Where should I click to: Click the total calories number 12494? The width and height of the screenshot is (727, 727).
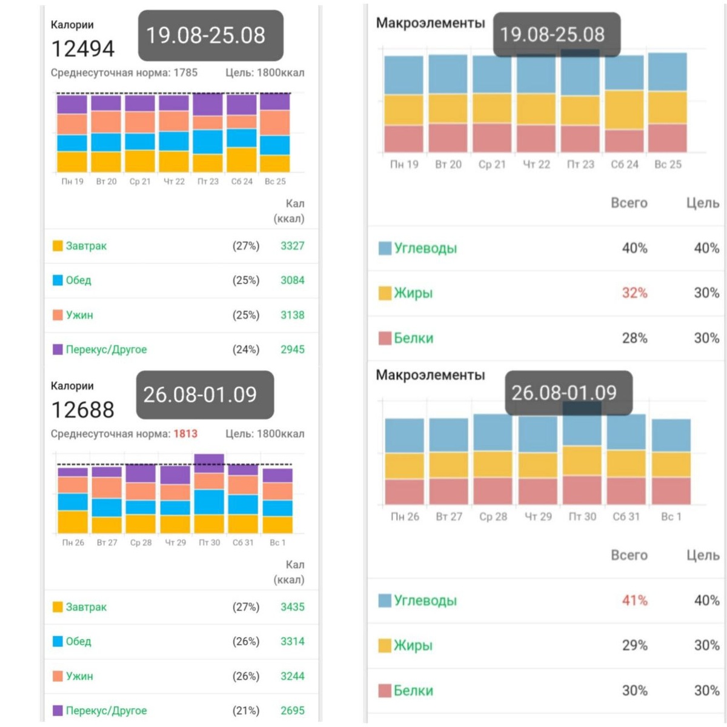[x=82, y=49]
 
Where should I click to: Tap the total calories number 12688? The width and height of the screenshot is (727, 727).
[x=82, y=410]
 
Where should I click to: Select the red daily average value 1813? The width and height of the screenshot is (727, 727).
[x=185, y=434]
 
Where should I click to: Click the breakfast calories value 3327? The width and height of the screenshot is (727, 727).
[x=292, y=246]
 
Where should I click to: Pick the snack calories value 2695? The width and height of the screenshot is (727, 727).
[x=292, y=711]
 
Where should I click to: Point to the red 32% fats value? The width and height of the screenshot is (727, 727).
[x=634, y=293]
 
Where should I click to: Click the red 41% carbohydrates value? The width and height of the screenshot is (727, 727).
[x=634, y=601]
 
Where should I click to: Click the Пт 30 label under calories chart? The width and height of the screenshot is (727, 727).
[x=209, y=543]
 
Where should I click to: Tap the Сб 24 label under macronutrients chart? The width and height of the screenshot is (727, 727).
[x=625, y=165]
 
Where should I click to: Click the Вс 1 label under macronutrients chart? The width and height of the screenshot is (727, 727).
[x=671, y=517]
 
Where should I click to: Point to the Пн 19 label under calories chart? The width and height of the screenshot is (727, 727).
[x=72, y=182]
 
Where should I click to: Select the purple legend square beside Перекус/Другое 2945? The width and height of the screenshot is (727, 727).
[x=58, y=350]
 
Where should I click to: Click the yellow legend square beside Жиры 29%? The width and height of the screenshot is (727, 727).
[x=385, y=646]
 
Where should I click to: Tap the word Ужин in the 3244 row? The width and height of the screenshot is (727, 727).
[x=79, y=677]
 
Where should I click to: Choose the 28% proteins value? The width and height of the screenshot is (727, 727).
[x=634, y=338]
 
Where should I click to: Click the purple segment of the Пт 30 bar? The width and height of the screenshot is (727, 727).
[x=209, y=463]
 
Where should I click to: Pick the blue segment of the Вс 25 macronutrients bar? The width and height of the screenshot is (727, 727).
[x=667, y=71]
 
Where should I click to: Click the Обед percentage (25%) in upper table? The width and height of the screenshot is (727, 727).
[x=245, y=281]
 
